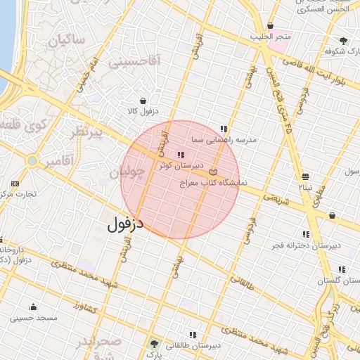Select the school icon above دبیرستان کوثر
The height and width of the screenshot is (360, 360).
(181, 155)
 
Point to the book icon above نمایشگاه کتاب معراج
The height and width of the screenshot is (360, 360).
(214, 172)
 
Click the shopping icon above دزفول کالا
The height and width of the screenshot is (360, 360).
(144, 101)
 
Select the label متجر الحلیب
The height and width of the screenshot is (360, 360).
(270, 37)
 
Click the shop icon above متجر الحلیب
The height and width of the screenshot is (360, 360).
(270, 26)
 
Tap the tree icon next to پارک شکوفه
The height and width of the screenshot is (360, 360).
(343, 41)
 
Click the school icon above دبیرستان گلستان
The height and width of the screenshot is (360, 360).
(342, 269)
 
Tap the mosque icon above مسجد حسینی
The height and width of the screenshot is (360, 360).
(33, 307)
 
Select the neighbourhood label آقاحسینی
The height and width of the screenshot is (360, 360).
(135, 62)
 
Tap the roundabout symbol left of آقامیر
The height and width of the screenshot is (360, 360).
(31, 162)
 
